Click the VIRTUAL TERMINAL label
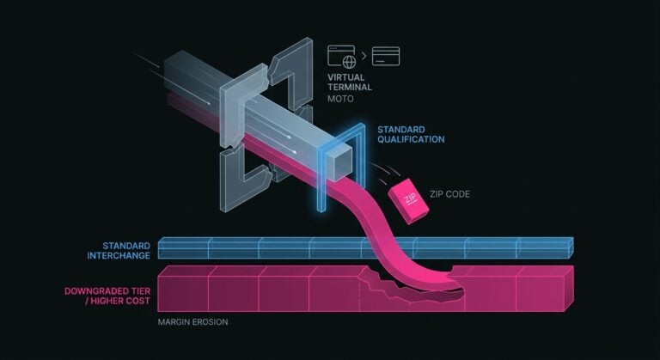click(350, 82)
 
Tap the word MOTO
click(340, 99)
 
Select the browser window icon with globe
click(342, 57)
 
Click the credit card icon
click(386, 56)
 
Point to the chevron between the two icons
click(364, 56)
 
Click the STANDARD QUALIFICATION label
click(411, 134)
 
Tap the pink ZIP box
click(408, 201)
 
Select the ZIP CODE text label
click(449, 194)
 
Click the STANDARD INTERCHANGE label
click(119, 251)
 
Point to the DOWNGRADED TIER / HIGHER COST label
click(107, 296)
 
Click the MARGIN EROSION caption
click(192, 322)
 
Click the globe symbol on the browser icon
click(349, 62)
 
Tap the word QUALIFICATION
click(411, 139)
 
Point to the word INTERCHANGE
click(119, 255)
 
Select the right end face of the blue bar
click(571, 247)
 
